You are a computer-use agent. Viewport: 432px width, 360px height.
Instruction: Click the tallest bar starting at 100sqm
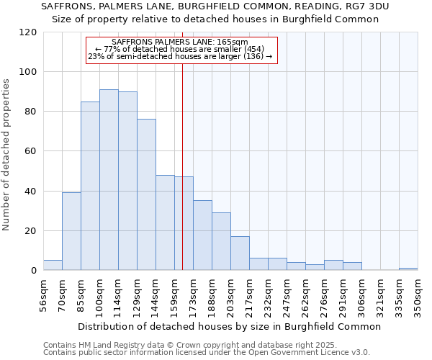(109, 180)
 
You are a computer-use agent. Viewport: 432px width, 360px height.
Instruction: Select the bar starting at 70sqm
(71, 231)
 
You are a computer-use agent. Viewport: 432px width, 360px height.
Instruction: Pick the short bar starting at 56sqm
(53, 265)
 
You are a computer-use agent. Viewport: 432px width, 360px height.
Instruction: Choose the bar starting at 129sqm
(146, 194)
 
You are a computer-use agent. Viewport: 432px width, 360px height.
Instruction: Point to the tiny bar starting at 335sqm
(408, 269)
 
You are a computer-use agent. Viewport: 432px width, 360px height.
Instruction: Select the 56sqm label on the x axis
(43, 296)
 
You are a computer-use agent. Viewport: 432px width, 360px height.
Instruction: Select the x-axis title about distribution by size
(229, 326)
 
